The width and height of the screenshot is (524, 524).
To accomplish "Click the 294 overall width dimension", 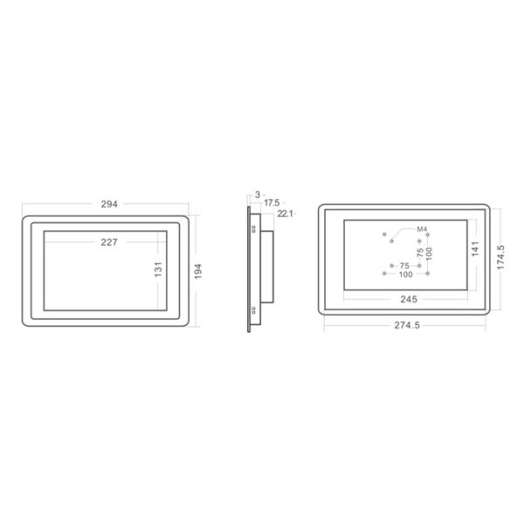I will coord(109,203).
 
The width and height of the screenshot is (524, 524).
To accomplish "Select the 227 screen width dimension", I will coord(109,242).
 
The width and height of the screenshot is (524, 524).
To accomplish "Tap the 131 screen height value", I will coord(159,271).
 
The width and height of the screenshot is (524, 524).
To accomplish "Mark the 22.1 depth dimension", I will coord(285,212).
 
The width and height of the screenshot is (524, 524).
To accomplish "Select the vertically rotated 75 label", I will coord(420,252).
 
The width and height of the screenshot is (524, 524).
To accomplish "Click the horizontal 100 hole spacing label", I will coord(405,274).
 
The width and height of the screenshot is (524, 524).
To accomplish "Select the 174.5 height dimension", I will coord(500,259).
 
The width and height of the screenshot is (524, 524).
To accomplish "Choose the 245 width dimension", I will coord(408,299).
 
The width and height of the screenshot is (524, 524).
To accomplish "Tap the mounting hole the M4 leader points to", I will coord(385,234).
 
